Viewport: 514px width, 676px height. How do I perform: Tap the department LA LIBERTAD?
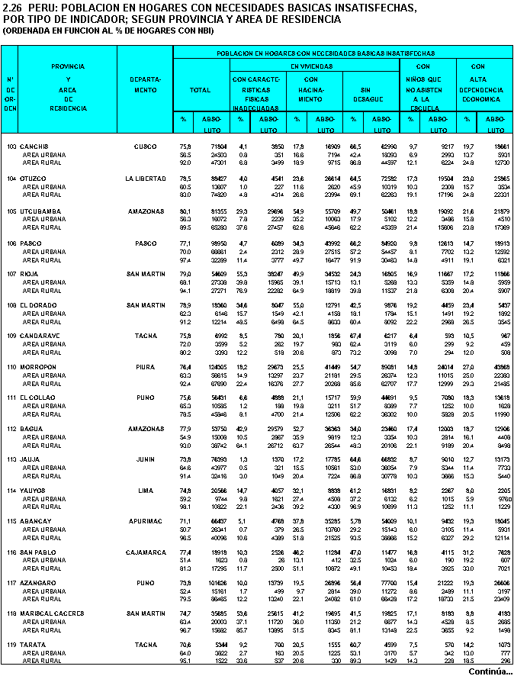click(x=145, y=178)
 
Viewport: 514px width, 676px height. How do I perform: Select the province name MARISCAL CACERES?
click(x=53, y=613)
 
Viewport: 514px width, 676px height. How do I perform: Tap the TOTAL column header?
click(x=200, y=90)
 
